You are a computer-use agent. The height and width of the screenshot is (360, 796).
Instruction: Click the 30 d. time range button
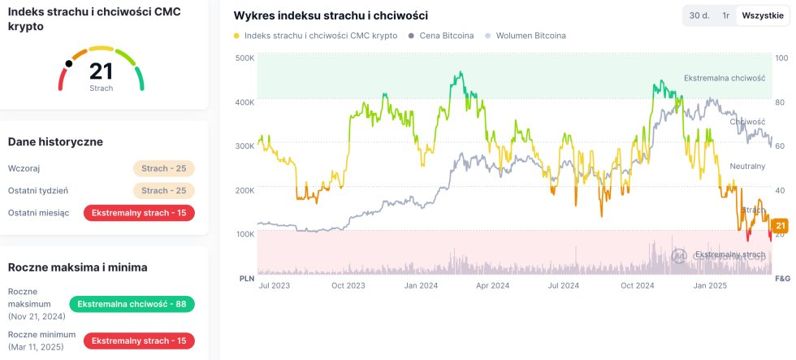[699, 15]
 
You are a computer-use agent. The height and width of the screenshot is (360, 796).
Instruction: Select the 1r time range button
[725, 15]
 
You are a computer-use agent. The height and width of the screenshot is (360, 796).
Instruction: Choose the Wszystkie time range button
[763, 15]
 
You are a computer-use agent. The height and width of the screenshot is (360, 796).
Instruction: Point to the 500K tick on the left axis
[244, 59]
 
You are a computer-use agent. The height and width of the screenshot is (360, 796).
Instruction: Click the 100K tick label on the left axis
[244, 234]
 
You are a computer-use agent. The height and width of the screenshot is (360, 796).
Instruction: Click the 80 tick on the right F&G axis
[780, 102]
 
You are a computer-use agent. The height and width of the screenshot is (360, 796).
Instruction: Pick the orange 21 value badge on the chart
[781, 226]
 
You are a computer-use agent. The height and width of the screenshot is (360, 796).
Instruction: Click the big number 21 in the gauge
[101, 72]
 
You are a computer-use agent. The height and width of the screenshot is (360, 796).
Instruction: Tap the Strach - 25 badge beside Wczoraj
[164, 168]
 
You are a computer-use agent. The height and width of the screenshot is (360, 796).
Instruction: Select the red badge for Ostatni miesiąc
[139, 213]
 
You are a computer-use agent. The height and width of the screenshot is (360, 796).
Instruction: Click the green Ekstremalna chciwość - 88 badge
[132, 304]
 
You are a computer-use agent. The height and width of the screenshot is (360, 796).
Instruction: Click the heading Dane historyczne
[55, 141]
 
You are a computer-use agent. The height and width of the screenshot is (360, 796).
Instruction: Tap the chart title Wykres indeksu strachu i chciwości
[331, 15]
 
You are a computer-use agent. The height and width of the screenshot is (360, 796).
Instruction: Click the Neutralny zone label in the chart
[747, 166]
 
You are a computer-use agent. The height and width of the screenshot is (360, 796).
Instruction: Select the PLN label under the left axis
[247, 278]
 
